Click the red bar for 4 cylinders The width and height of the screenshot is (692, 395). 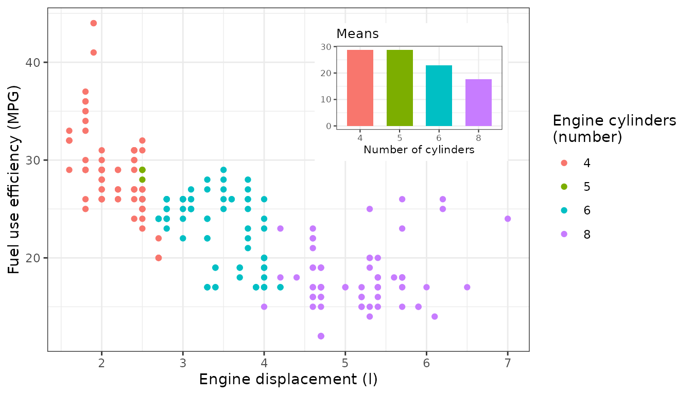(360, 88)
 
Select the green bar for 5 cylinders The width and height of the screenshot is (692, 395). (400, 88)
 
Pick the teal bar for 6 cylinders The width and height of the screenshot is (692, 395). (439, 96)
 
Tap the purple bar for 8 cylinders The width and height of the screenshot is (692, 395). (478, 102)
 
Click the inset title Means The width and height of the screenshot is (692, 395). (357, 34)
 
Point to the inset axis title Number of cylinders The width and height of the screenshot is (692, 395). (419, 150)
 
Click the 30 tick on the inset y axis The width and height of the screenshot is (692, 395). (325, 47)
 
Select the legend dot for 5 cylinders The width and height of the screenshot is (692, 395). (564, 187)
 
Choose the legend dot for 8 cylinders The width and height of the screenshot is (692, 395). (564, 234)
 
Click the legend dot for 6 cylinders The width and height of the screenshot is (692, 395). (564, 210)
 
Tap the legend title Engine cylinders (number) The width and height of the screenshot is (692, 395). (614, 129)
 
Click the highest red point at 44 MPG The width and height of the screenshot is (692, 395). (93, 23)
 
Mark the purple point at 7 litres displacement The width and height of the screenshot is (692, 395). (508, 219)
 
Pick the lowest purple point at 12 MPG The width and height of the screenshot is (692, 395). (321, 336)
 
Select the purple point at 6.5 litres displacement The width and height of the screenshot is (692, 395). (467, 287)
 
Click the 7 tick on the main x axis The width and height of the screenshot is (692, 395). (508, 364)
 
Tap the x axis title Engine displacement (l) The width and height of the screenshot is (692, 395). (288, 380)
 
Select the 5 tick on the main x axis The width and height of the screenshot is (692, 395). (345, 364)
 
